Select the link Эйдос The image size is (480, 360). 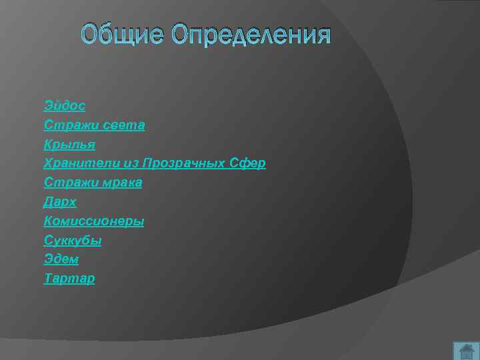point(65,105)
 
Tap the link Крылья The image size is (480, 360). point(69,144)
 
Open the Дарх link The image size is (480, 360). point(60,202)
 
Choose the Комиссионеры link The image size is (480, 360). point(94,221)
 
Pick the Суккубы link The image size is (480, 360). point(73,240)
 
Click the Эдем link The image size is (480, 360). point(61,259)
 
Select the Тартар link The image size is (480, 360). point(69,279)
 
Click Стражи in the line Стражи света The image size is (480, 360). point(66,125)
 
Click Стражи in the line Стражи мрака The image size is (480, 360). point(66,182)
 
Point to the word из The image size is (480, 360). point(127,163)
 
